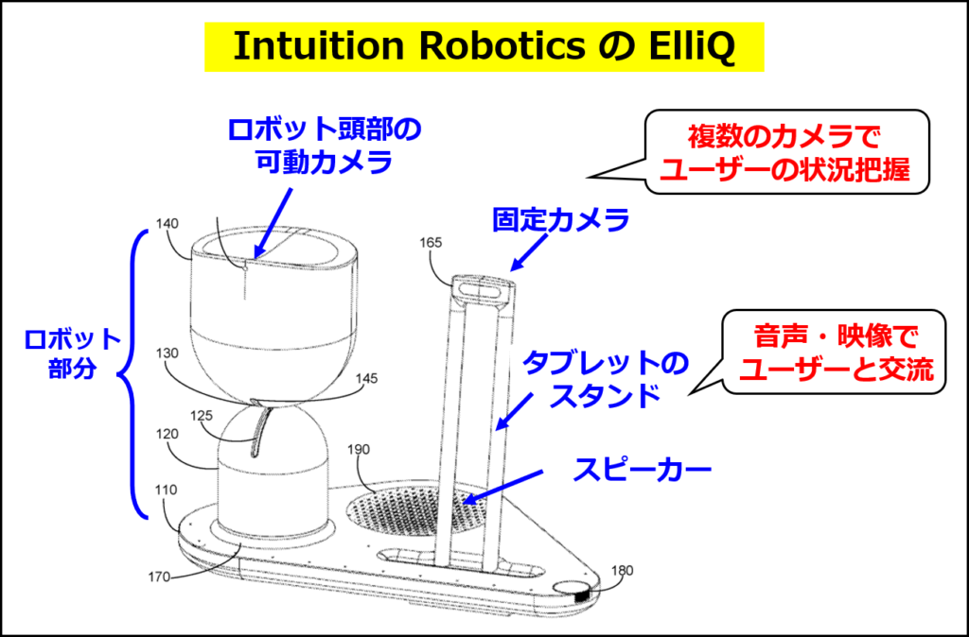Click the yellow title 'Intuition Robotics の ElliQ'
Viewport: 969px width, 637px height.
coord(484,46)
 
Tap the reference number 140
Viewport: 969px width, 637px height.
coord(167,226)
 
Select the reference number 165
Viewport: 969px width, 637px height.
coord(431,243)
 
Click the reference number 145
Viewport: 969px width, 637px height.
coord(366,378)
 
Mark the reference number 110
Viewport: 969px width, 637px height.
coord(167,491)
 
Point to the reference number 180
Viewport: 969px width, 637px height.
coord(623,570)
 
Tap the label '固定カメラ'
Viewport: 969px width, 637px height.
coord(561,221)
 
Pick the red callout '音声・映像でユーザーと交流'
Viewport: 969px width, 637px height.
coord(836,353)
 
